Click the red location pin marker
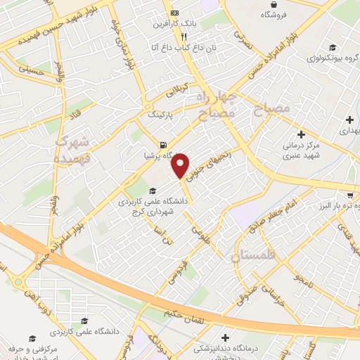tap(181, 165)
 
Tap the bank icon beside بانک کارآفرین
tap(175, 14)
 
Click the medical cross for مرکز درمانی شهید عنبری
tap(302, 134)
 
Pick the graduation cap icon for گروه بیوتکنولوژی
tap(331, 48)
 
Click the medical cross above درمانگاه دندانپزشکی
tap(224, 337)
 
